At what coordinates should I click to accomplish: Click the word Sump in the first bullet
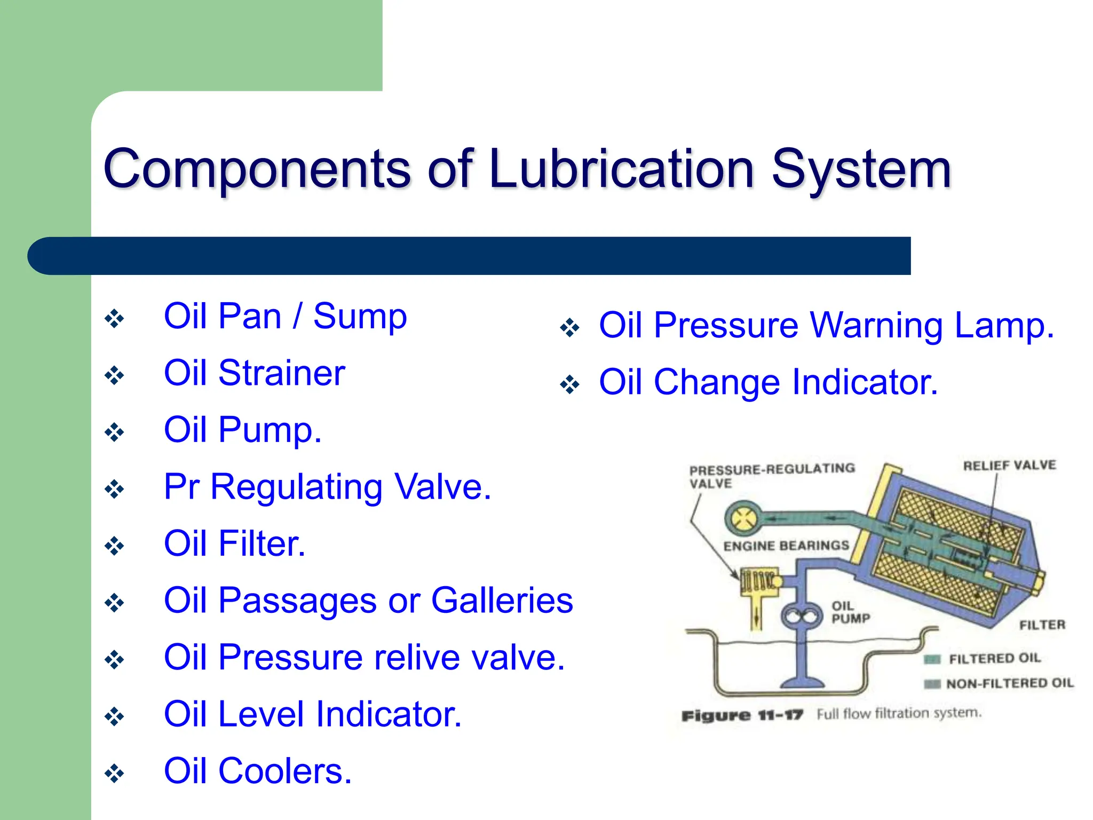[360, 317]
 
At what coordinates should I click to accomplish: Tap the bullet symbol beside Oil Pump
[114, 432]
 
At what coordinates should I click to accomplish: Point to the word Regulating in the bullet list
[296, 487]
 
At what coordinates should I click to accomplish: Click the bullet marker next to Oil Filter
[114, 546]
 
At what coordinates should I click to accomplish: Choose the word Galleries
[502, 601]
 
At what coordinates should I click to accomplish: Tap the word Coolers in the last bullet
[285, 771]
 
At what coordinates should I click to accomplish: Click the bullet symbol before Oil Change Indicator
[569, 384]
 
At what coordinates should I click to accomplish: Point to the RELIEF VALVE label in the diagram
[1009, 466]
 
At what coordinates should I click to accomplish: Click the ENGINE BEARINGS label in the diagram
[786, 546]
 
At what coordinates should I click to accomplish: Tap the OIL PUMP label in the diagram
[850, 612]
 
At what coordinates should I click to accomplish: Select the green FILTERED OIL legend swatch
[932, 660]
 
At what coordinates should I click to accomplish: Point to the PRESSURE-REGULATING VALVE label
[771, 476]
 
